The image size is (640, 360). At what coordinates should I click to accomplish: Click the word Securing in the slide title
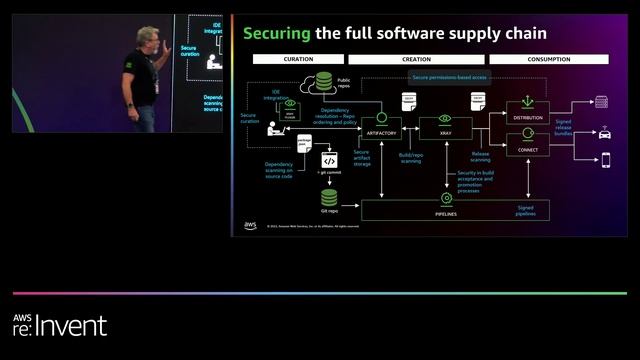point(276,33)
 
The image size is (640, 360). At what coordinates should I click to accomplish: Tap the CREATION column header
point(416,60)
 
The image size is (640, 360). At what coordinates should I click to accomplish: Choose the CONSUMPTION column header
point(549,60)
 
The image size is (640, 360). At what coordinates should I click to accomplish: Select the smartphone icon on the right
point(605,158)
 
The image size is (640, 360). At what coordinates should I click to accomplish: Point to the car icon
point(604,131)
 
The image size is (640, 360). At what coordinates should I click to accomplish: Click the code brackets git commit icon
point(329,159)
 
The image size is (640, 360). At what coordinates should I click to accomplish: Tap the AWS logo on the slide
point(249,225)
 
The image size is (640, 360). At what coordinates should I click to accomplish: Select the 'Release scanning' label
point(480,157)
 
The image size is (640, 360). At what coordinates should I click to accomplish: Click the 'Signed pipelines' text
point(525,210)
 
